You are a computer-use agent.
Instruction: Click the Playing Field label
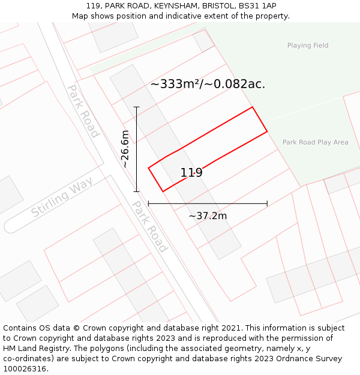(x=308, y=46)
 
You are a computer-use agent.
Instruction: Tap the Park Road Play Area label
(x=315, y=142)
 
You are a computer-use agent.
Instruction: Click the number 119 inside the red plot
(x=191, y=173)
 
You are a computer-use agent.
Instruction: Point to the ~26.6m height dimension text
(x=125, y=149)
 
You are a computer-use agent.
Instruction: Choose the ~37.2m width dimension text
(x=208, y=216)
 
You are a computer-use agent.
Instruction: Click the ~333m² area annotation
(x=208, y=84)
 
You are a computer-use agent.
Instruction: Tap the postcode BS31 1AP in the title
(x=257, y=5)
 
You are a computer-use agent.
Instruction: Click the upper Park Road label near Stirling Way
(x=83, y=111)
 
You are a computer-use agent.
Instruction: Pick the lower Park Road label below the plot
(x=149, y=226)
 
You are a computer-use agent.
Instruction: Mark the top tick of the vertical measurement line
(x=137, y=107)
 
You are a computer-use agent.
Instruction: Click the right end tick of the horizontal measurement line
(x=267, y=204)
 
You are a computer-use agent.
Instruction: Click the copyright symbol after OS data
(x=77, y=328)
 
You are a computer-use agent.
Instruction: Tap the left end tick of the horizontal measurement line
(x=148, y=204)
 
